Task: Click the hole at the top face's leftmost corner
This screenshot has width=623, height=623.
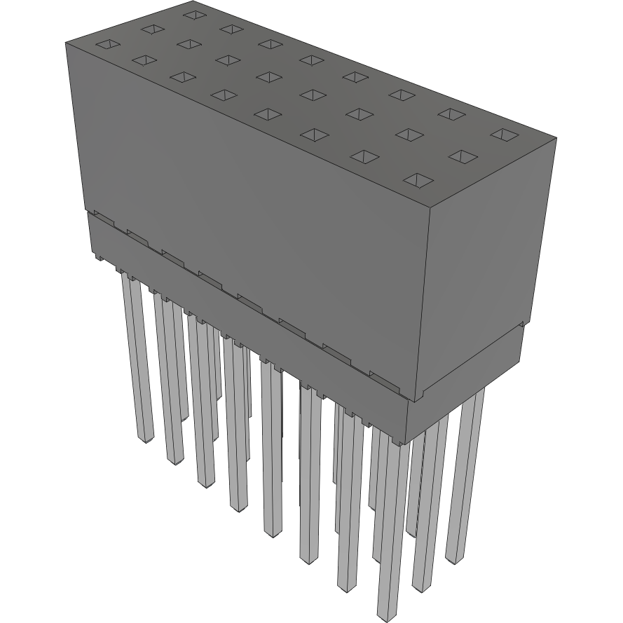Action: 104,44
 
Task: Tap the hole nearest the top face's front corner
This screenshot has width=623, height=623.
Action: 418,181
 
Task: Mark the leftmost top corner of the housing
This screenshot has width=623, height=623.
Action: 65,41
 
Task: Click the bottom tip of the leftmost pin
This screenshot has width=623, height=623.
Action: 145,440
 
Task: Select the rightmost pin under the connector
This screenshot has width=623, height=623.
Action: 465,477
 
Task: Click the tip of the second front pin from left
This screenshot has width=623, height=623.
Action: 174,460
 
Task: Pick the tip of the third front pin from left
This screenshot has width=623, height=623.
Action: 205,484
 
